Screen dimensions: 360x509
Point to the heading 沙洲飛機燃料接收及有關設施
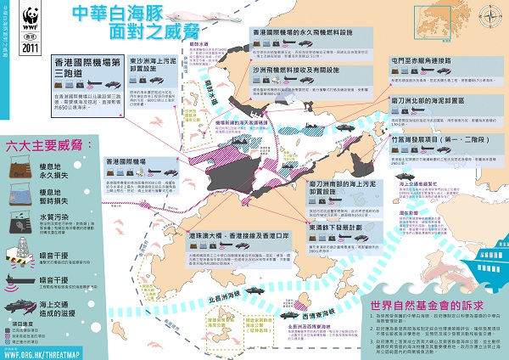(x=297, y=70)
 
